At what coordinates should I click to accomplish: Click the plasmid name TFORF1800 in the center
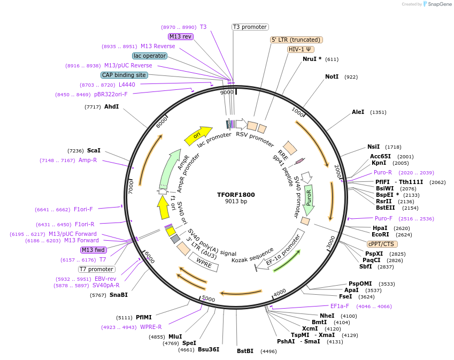[236, 194]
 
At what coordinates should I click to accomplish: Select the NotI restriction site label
[332, 77]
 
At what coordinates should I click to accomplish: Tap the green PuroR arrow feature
[309, 198]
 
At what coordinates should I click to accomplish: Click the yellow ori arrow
[197, 136]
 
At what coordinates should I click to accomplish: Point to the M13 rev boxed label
[180, 36]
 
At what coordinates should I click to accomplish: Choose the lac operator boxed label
[149, 56]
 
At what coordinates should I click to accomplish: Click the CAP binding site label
[124, 75]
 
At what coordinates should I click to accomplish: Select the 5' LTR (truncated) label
[296, 40]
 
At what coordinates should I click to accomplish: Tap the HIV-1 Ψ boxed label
[300, 49]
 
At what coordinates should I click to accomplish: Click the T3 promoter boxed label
[250, 27]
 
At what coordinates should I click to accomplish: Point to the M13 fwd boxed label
[94, 250]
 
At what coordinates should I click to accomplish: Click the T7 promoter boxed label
[96, 269]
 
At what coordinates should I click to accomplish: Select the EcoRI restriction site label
[380, 234]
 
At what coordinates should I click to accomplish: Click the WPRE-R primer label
[151, 327]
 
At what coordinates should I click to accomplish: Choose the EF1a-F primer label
[340, 306]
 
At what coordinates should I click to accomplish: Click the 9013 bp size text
[236, 202]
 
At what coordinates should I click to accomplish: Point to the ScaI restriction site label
[94, 151]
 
